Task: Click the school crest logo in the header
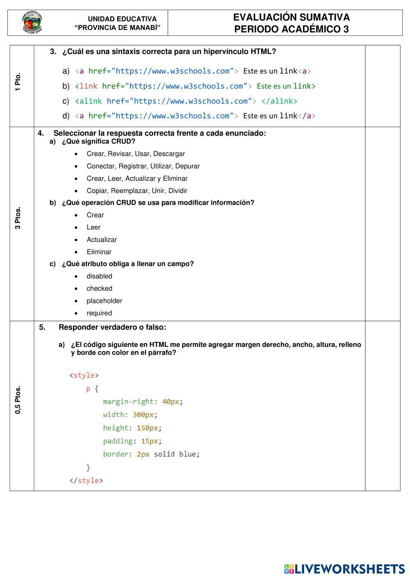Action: click(32, 23)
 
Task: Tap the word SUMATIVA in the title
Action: click(325, 17)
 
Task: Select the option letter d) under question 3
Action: click(66, 116)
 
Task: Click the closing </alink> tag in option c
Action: click(279, 101)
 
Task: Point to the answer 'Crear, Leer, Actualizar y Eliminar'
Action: click(137, 179)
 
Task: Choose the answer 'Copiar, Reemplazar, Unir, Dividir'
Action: click(137, 191)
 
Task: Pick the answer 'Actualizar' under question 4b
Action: click(102, 240)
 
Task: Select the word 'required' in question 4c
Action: click(99, 313)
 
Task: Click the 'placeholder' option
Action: click(104, 301)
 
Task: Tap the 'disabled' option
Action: click(99, 276)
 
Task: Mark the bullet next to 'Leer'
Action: click(76, 228)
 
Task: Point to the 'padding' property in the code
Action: click(118, 441)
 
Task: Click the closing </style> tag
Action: click(86, 480)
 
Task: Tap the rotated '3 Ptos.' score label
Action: click(17, 218)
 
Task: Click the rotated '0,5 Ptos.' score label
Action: click(17, 400)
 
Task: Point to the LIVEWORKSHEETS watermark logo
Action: click(344, 569)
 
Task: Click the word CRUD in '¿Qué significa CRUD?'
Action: click(123, 141)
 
